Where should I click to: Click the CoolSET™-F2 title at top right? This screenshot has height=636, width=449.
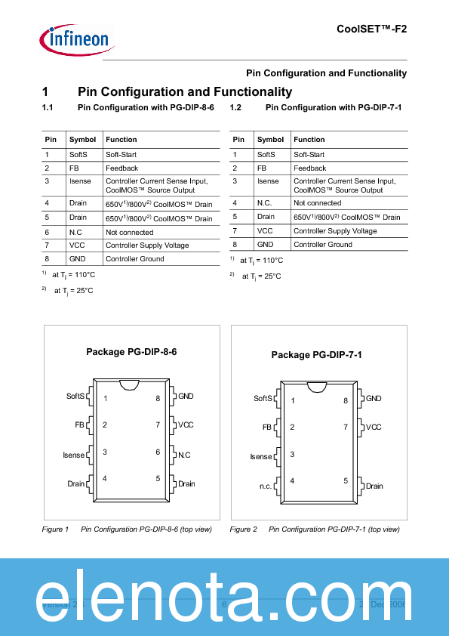371,28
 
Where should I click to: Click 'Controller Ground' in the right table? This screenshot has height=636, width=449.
322,245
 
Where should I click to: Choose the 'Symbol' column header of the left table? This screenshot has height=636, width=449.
82,140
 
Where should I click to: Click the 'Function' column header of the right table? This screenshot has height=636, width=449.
309,140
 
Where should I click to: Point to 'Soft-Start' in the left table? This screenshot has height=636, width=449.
121,155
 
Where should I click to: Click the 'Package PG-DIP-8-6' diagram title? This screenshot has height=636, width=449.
131,352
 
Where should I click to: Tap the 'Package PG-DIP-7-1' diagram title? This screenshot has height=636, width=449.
316,355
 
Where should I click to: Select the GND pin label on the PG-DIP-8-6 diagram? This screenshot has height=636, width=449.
186,396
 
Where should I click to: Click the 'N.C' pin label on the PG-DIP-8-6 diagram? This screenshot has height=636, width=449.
184,455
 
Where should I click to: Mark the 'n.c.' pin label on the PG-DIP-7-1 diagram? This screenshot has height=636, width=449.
266,486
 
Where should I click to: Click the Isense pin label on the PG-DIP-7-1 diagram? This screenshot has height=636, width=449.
261,457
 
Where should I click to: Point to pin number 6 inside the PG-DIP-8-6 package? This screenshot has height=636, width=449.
158,452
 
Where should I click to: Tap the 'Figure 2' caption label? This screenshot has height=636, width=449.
243,529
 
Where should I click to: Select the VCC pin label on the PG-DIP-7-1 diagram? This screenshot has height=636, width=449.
374,428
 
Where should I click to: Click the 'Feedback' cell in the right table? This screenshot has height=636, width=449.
309,168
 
